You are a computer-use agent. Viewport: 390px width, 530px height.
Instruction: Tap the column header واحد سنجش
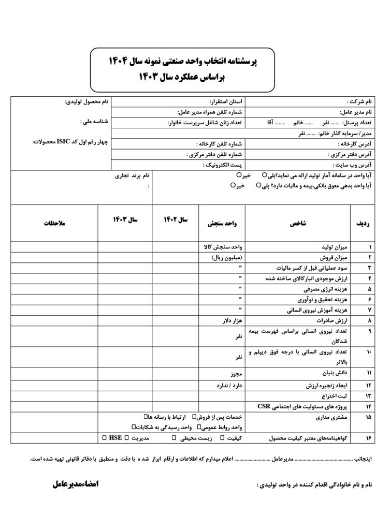click(222, 224)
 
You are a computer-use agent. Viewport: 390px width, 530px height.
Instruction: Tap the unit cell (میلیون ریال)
click(227, 257)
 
